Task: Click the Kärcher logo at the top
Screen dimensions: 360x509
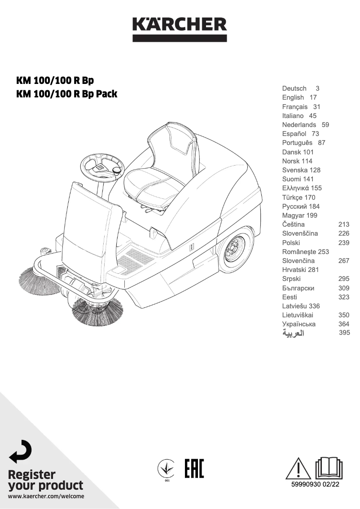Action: (x=180, y=28)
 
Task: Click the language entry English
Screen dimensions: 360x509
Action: (x=293, y=97)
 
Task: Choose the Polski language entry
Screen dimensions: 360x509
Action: (x=291, y=242)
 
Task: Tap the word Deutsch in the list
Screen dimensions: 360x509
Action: (x=294, y=88)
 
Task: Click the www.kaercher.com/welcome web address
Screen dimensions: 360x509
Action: (x=46, y=496)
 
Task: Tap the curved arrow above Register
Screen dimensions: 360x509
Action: (x=21, y=452)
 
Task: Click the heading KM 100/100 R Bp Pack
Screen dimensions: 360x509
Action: (x=66, y=94)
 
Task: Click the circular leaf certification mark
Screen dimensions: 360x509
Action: (x=167, y=469)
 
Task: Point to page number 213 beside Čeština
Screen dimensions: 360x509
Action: (x=344, y=224)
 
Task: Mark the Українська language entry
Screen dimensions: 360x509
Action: (x=299, y=324)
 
